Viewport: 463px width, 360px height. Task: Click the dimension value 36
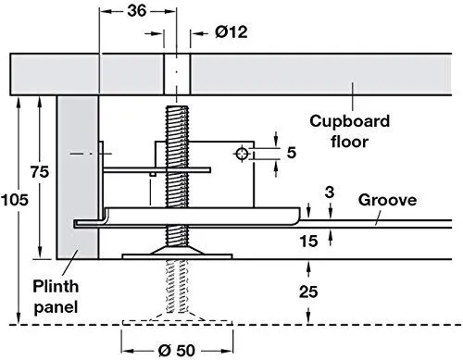[137, 11]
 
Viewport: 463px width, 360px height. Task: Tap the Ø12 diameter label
[231, 32]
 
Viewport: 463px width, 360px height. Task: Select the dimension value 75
[40, 172]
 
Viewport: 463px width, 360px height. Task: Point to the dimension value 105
[15, 200]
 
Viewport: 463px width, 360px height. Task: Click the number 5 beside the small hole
[292, 153]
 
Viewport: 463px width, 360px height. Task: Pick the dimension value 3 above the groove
[330, 192]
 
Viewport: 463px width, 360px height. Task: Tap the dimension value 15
[308, 241]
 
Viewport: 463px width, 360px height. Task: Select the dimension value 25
[308, 292]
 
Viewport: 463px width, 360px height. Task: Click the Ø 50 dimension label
[177, 351]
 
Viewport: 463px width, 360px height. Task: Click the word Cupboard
[349, 121]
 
